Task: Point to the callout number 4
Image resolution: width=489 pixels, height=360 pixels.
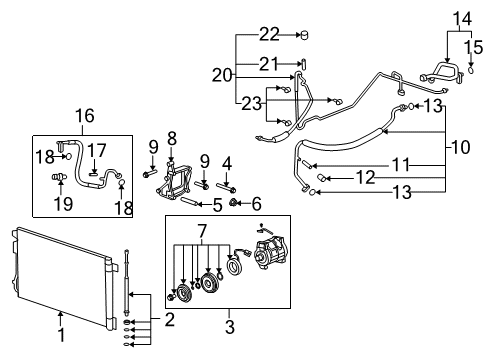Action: (226, 162)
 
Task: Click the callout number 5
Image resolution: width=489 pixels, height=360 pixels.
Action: (216, 205)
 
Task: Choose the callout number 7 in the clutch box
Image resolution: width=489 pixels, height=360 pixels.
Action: (201, 232)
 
